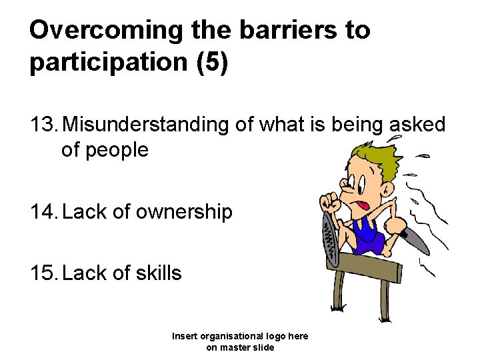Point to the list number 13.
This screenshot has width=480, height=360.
pyautogui.click(x=44, y=124)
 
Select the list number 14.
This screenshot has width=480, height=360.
pyautogui.click(x=44, y=212)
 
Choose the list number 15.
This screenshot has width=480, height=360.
pyautogui.click(x=44, y=273)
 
